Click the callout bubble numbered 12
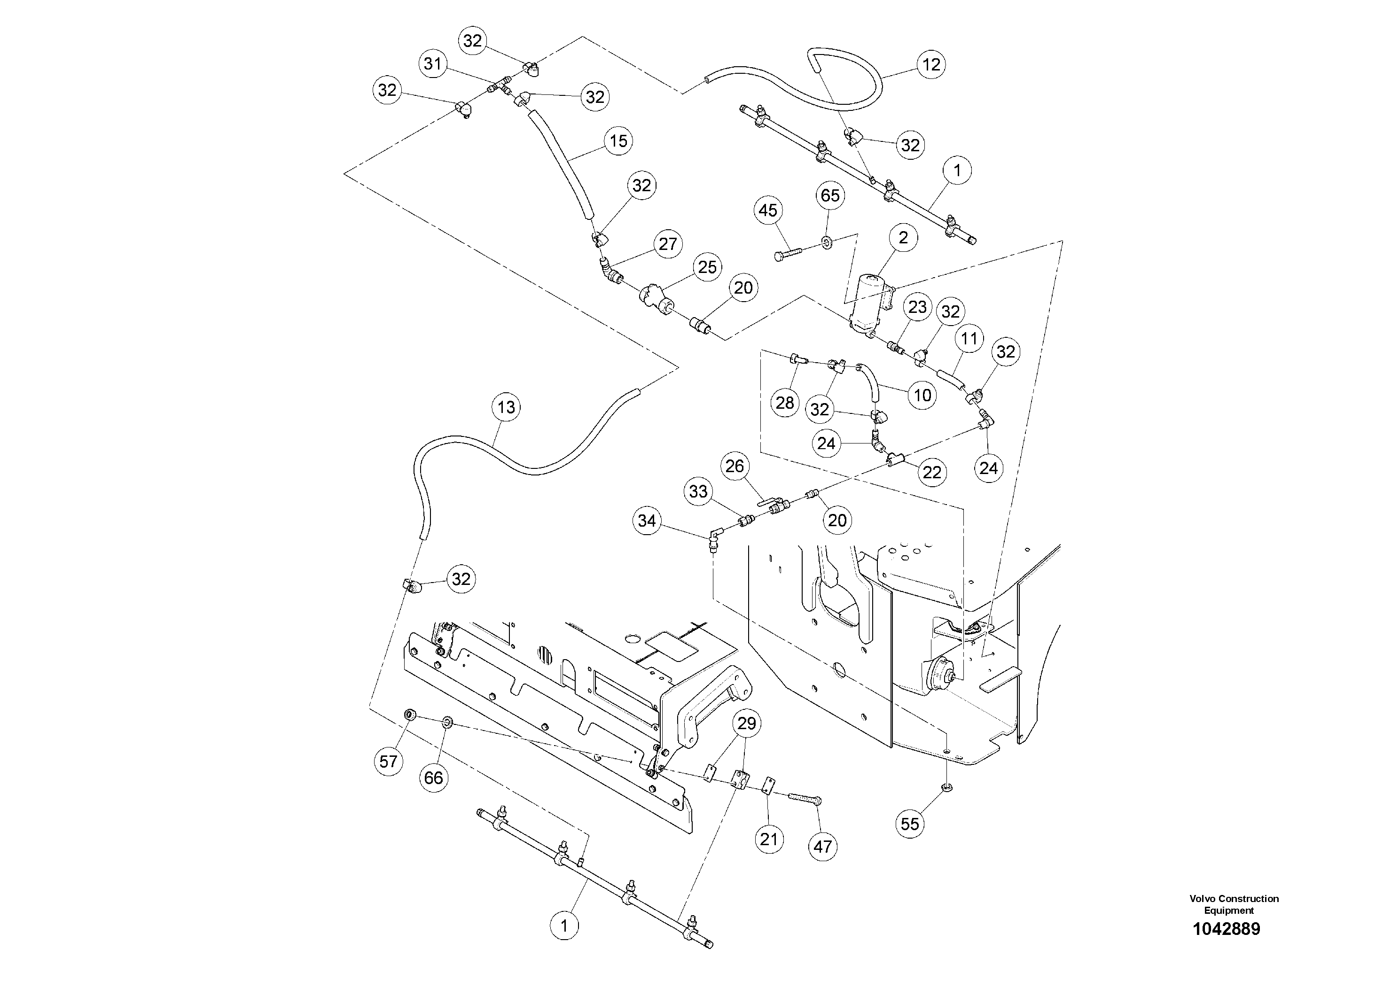[x=931, y=64]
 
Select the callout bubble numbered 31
[x=433, y=64]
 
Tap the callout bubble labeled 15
[x=618, y=141]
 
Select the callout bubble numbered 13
[x=506, y=407]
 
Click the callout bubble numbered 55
[x=910, y=824]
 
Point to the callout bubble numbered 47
[x=822, y=847]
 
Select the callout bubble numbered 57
[x=389, y=762]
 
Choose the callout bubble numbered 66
[x=434, y=778]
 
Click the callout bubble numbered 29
[x=746, y=723]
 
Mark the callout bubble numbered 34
[x=647, y=521]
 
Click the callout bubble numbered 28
[x=785, y=403]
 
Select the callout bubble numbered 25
[x=707, y=267]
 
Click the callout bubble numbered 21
[x=769, y=840]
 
